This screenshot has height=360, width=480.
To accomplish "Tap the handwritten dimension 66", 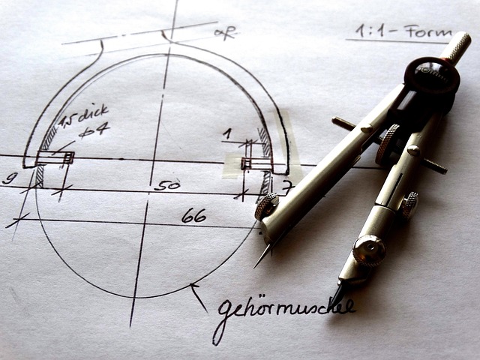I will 193,216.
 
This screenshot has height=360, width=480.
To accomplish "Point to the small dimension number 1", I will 227,133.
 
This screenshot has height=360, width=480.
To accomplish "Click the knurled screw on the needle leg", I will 266,206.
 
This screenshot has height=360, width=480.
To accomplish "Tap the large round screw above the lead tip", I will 370,250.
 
